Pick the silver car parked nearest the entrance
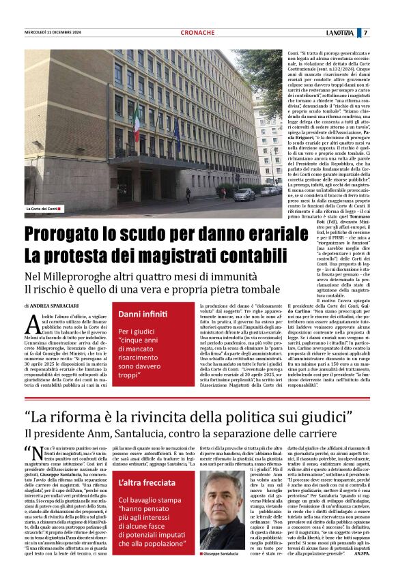click(x=244, y=195)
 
